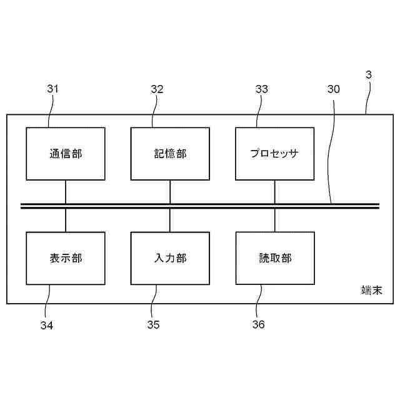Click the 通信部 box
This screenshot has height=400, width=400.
(66, 154)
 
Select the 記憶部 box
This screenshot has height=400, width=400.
(170, 154)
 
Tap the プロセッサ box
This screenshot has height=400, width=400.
(274, 154)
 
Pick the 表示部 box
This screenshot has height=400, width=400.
(66, 258)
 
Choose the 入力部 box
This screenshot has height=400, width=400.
(170, 258)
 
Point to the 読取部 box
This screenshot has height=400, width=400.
(274, 258)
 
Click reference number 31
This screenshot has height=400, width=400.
(52, 89)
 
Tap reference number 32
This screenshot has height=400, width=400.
(157, 89)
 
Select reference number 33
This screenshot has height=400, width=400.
(262, 89)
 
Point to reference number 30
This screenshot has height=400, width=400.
(334, 89)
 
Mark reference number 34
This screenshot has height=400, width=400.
(47, 325)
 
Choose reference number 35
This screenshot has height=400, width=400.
(154, 325)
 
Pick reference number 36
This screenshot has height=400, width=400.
(258, 325)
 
